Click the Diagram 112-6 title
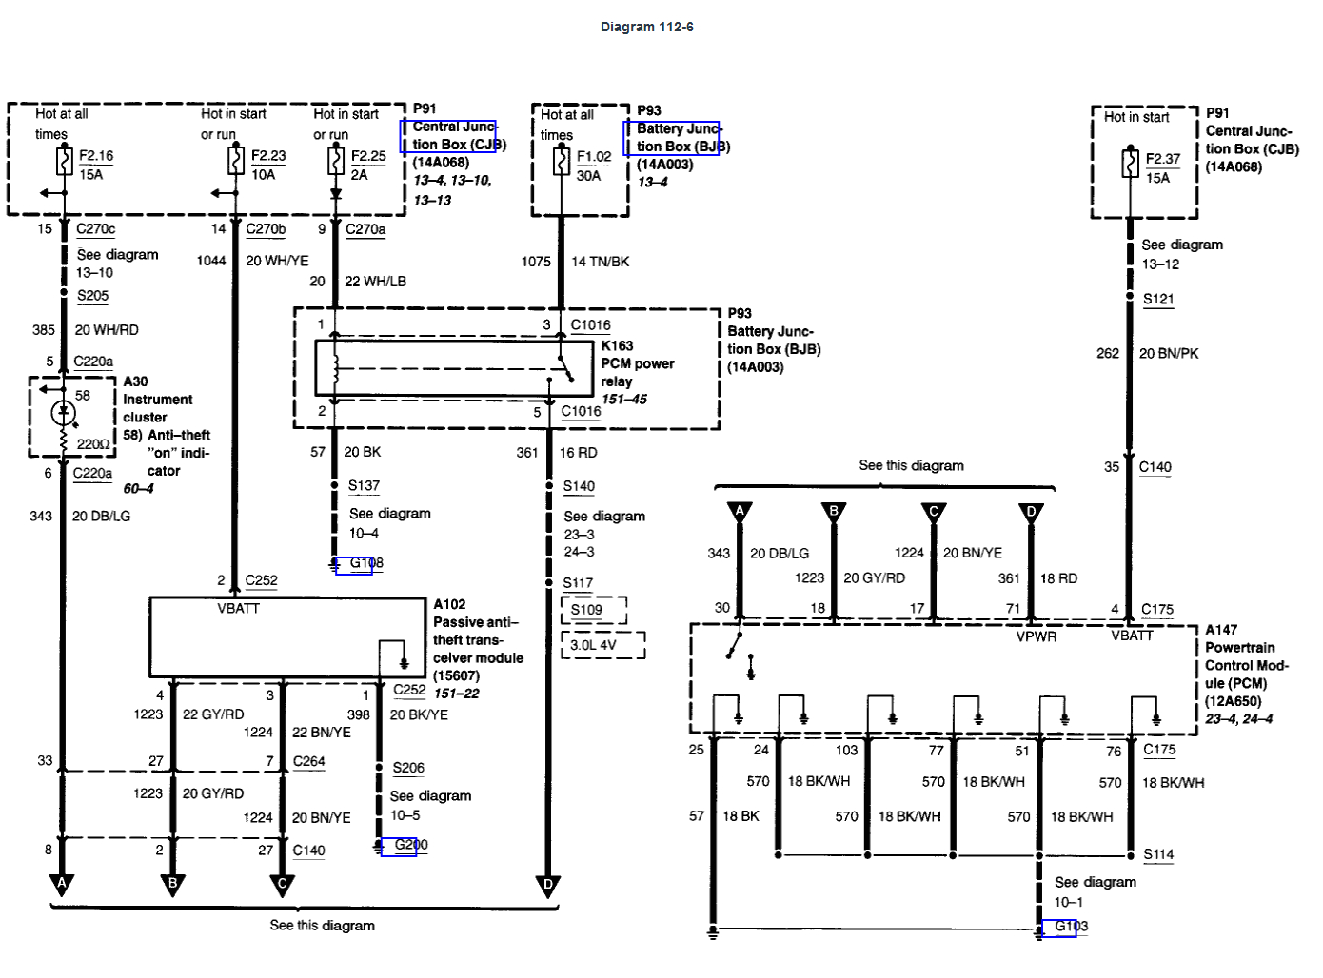coord(646,27)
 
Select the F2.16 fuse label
coord(95,155)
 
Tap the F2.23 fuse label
coord(268,155)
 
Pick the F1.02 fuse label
coord(594,156)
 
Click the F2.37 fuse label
coord(1162,159)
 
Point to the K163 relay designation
coord(617,345)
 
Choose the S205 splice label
coord(92,295)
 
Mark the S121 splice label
coord(1158,299)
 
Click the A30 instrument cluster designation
coord(136,381)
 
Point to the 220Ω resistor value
coord(93,444)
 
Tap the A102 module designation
coord(449,604)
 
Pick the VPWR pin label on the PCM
coord(1036,636)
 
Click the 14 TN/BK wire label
coord(600,262)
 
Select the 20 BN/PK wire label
coord(1169,353)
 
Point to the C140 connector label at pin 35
coord(1155,467)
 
